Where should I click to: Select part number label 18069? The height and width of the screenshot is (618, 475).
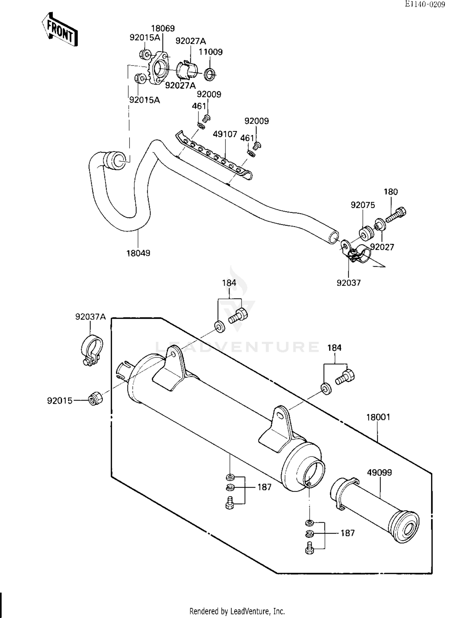pos(163,29)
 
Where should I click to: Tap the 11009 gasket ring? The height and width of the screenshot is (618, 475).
pos(209,74)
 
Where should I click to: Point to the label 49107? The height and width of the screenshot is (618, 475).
pos(225,134)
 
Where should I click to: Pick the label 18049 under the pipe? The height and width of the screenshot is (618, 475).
pos(138,253)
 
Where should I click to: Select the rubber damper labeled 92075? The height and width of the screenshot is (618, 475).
pos(367,232)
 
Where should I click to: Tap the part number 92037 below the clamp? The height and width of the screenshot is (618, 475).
pos(349,283)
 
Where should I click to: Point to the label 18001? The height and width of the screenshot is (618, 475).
pos(378,417)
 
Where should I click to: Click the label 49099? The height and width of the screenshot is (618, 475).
pos(379,473)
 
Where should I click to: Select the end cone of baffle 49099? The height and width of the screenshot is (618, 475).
pos(404,527)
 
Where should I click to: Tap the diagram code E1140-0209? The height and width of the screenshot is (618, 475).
pos(425,4)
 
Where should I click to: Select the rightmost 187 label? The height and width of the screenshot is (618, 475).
pos(347,533)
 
